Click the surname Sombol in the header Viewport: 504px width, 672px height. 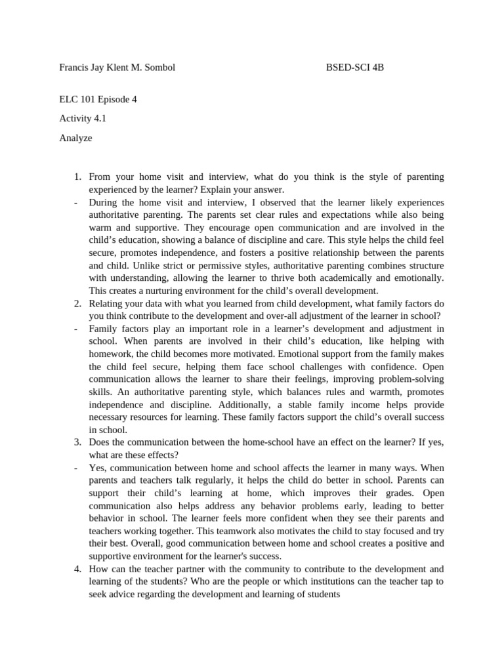(x=159, y=68)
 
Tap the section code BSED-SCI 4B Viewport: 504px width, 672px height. (x=355, y=68)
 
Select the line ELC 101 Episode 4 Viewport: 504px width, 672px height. (x=98, y=100)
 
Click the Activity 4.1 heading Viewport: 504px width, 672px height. (x=83, y=119)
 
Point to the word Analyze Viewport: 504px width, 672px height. (x=75, y=138)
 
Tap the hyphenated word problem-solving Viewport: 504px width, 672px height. (x=408, y=379)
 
